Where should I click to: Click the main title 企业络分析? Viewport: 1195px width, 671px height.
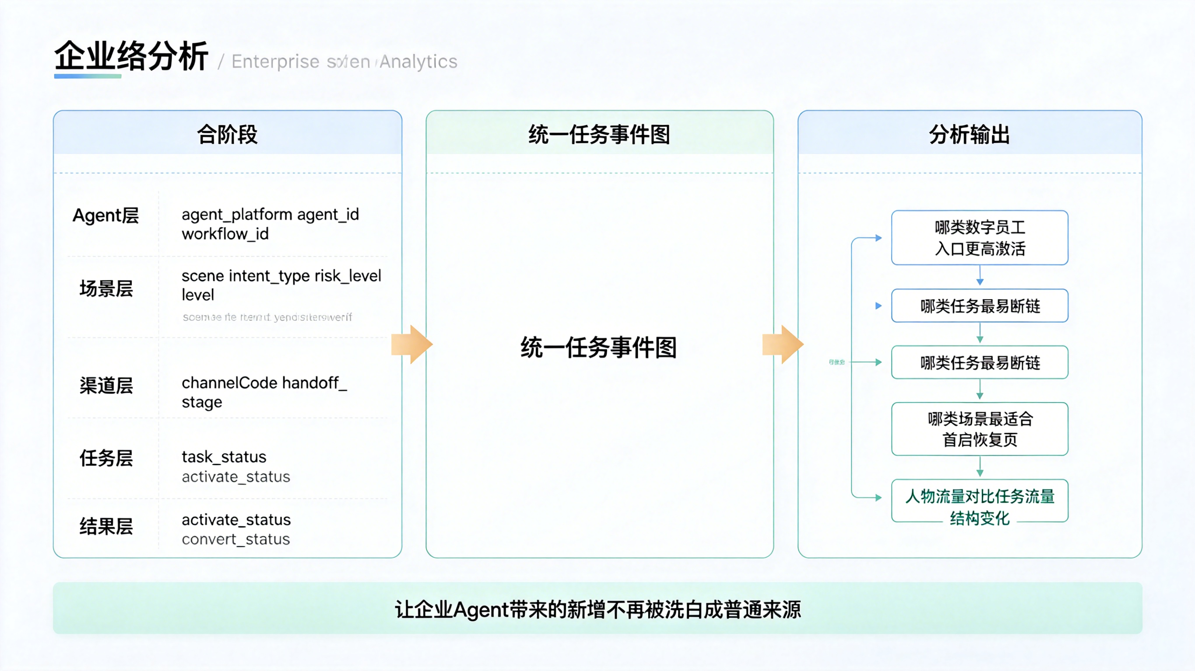point(131,56)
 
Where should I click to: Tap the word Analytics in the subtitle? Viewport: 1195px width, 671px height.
point(418,62)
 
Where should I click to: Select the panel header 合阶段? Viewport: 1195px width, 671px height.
point(227,134)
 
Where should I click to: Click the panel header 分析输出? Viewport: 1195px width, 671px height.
point(970,134)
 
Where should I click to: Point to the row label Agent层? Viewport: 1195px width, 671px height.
point(106,216)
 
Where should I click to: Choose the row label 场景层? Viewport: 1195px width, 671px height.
point(106,288)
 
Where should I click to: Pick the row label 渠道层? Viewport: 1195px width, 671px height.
point(106,385)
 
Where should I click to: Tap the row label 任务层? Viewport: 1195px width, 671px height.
point(106,458)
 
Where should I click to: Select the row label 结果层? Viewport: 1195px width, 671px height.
point(106,526)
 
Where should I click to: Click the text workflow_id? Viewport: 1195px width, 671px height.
point(225,234)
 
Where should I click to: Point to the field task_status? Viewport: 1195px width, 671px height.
point(224,457)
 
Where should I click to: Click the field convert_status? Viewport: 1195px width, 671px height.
point(235,539)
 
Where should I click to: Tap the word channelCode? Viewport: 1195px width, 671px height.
point(229,383)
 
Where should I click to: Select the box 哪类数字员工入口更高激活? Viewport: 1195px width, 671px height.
point(980,238)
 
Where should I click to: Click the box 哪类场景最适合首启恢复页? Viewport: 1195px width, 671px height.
point(980,429)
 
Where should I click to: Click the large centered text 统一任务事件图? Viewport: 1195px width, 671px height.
point(598,348)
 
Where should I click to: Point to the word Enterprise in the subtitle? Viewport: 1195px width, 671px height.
point(276,62)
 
